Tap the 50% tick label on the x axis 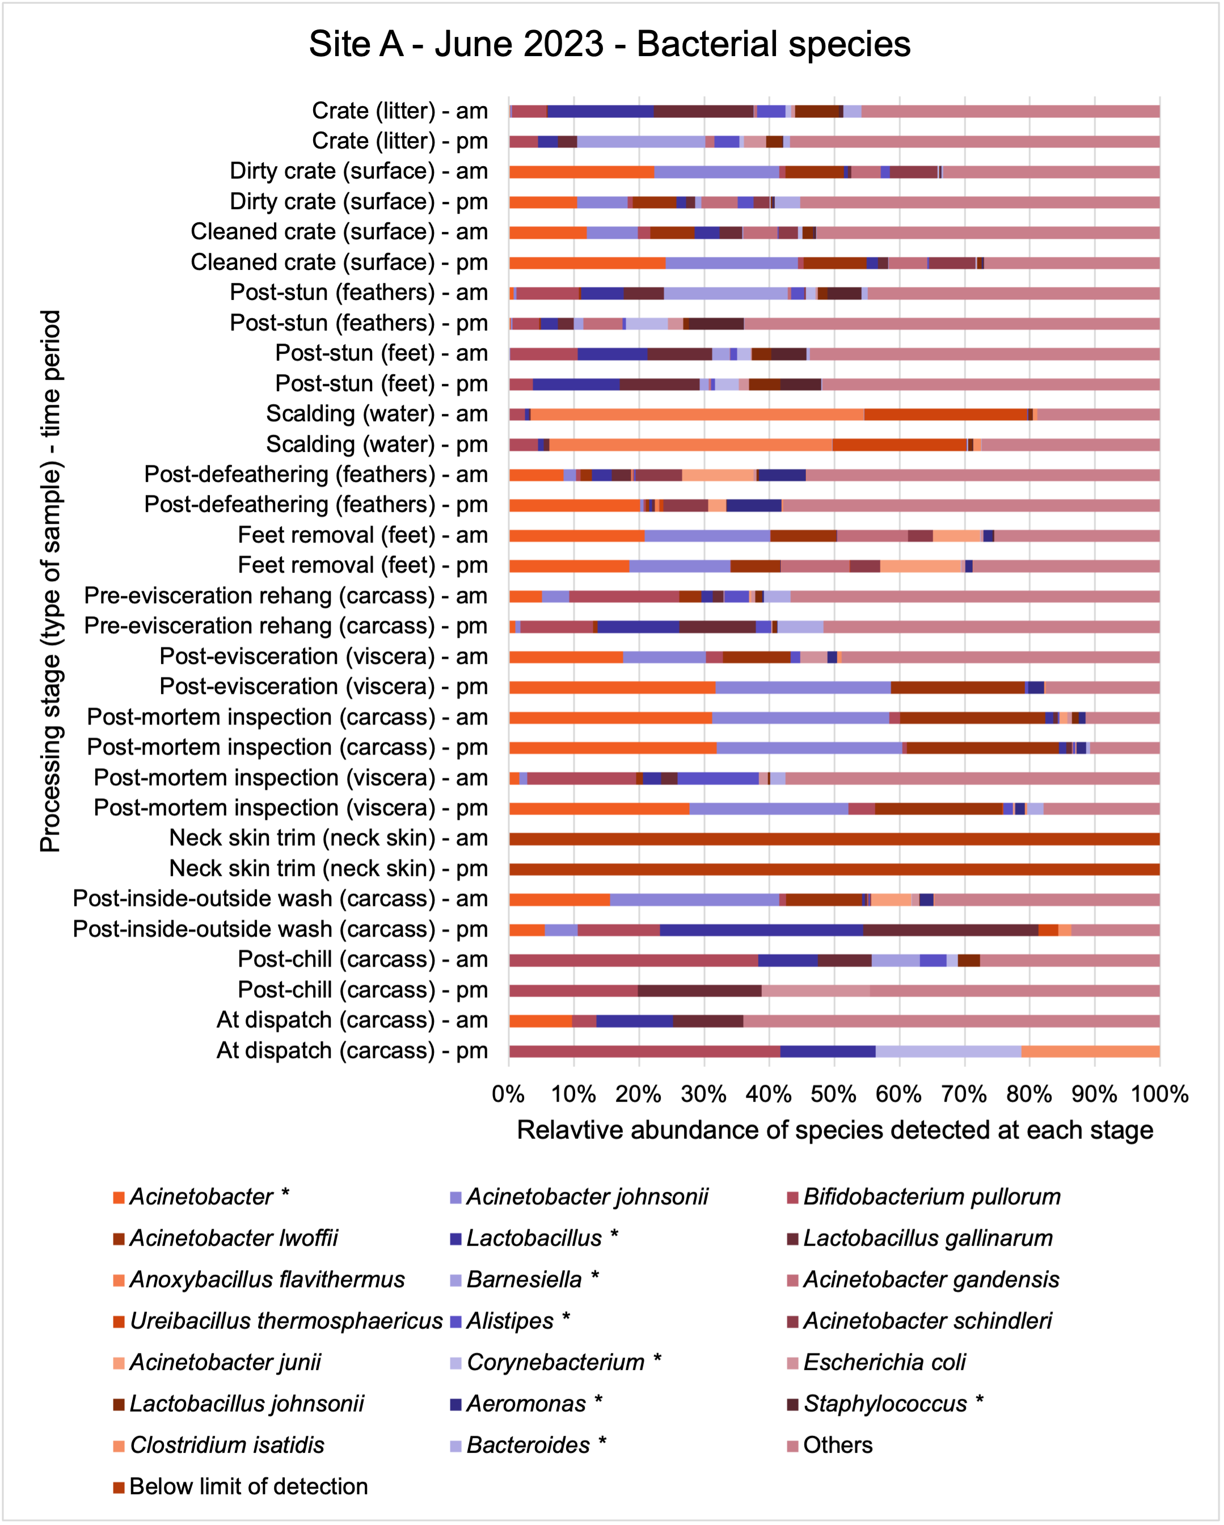pyautogui.click(x=833, y=1094)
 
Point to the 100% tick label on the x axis pyautogui.click(x=1159, y=1094)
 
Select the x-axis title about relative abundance pyautogui.click(x=835, y=1130)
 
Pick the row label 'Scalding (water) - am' pyautogui.click(x=377, y=414)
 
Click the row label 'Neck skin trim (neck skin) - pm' pyautogui.click(x=328, y=869)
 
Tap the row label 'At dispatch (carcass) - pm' pyautogui.click(x=352, y=1050)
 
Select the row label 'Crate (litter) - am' pyautogui.click(x=400, y=111)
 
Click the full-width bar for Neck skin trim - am pyautogui.click(x=834, y=840)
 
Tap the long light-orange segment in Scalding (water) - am pyautogui.click(x=697, y=414)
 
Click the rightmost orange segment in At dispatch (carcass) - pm pyautogui.click(x=1090, y=1051)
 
